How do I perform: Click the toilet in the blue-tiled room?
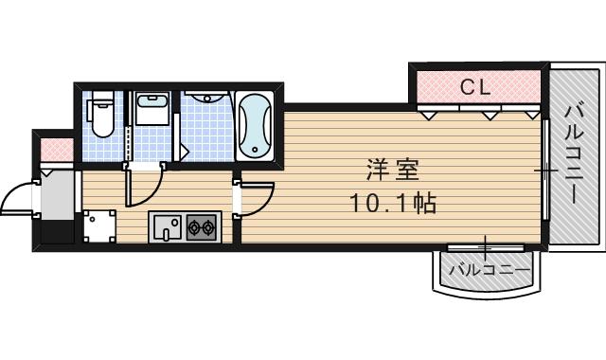(x=101, y=117)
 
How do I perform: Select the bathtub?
(x=254, y=127)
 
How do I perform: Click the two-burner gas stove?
(x=201, y=227)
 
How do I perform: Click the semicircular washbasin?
(x=202, y=99)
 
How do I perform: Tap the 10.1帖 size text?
(x=393, y=202)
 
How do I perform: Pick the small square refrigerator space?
(x=98, y=226)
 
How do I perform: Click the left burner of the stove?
(x=193, y=227)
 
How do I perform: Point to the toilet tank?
(x=101, y=99)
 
